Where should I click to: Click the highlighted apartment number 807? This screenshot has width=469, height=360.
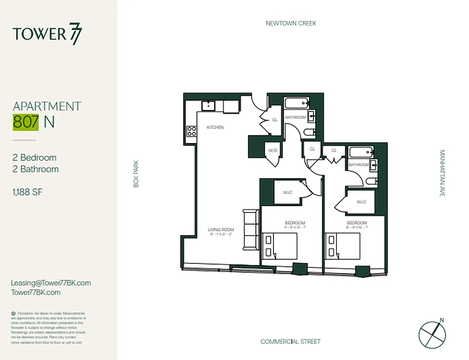pyautogui.click(x=26, y=122)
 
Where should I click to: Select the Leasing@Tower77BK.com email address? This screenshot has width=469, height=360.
pyautogui.click(x=51, y=283)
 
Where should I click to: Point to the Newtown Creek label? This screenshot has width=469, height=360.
pyautogui.click(x=291, y=23)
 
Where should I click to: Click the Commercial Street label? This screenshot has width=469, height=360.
pyautogui.click(x=290, y=342)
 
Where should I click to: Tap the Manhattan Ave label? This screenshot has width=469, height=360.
pyautogui.click(x=442, y=173)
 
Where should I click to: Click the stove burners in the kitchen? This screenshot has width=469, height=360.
pyautogui.click(x=192, y=131)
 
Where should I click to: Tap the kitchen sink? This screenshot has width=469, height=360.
pyautogui.click(x=208, y=106)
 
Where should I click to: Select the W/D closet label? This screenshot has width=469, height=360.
pyautogui.click(x=272, y=150)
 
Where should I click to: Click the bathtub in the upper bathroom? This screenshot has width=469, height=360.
pyautogui.click(x=296, y=103)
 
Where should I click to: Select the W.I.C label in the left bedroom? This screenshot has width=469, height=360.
pyautogui.click(x=288, y=193)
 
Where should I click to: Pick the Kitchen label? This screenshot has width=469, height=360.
pyautogui.click(x=215, y=127)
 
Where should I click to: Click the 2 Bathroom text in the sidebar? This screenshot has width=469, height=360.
pyautogui.click(x=36, y=169)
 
